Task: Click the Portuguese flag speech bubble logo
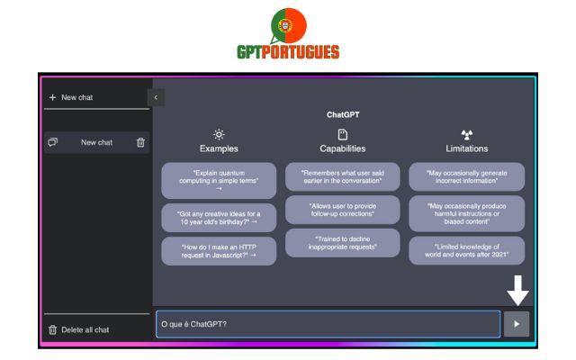[x=288, y=26]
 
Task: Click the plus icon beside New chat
[x=52, y=97]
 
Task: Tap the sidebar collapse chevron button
[x=156, y=97]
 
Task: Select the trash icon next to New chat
[x=140, y=142]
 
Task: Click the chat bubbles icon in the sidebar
[x=53, y=142]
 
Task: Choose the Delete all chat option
[x=78, y=329]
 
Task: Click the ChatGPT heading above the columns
[x=343, y=114]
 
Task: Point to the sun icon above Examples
[x=219, y=134]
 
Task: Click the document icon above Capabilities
[x=343, y=134]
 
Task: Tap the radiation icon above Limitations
[x=467, y=135]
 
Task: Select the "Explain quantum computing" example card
[x=219, y=181]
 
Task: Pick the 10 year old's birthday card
[x=219, y=218]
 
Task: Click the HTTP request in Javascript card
[x=219, y=251]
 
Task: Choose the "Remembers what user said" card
[x=343, y=176]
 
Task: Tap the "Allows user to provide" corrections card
[x=343, y=210]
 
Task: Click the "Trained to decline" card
[x=343, y=243]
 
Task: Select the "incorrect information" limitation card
[x=467, y=176]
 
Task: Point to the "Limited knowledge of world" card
[x=467, y=250]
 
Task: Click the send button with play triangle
[x=517, y=324]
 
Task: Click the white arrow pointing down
[x=518, y=291]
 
